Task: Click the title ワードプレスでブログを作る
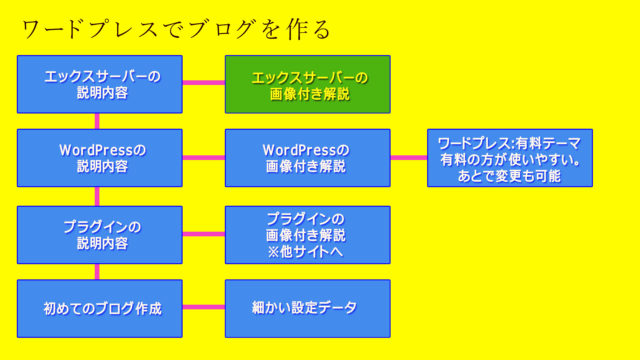176,28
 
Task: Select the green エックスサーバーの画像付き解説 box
307,84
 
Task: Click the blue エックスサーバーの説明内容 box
100,84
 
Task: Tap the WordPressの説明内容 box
100,158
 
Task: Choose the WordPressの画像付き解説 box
307,158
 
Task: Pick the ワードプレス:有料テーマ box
510,158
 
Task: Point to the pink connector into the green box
204,84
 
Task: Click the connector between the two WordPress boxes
204,158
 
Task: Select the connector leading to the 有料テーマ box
408,158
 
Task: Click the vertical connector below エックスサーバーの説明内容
97,121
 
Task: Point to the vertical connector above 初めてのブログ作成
97,272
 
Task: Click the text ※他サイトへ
307,252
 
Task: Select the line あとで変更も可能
510,176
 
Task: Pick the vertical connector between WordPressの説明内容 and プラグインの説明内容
97,197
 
